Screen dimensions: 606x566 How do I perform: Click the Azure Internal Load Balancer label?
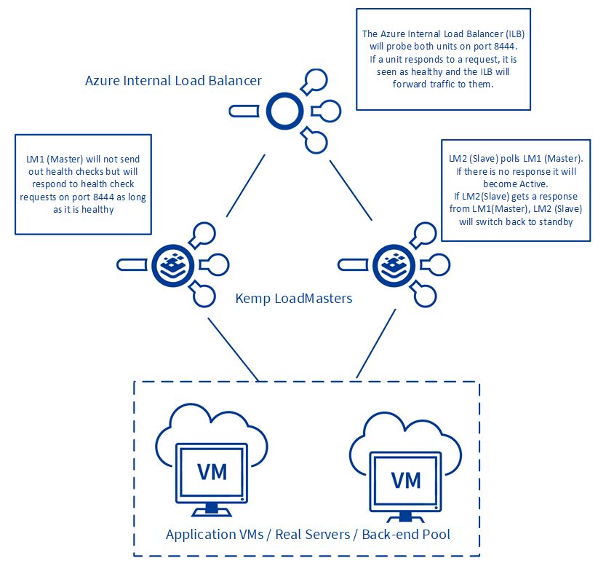(x=173, y=80)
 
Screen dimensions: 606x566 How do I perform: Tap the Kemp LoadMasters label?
(x=294, y=298)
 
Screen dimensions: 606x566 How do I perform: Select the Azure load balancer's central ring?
(x=285, y=111)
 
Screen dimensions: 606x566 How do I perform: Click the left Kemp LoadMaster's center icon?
(x=172, y=265)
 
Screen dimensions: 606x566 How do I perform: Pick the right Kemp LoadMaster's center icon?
(x=394, y=265)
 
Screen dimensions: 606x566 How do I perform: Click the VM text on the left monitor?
(x=212, y=472)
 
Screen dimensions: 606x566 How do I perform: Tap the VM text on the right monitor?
(x=406, y=480)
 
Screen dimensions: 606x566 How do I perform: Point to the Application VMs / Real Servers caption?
(x=308, y=534)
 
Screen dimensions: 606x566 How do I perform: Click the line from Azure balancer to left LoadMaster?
(x=245, y=186)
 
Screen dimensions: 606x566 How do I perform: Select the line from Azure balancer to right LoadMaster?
(x=351, y=190)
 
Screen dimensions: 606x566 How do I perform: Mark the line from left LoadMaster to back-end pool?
(x=233, y=350)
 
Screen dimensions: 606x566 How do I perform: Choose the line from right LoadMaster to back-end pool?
(x=376, y=344)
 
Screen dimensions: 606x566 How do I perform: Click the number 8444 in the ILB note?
(x=504, y=47)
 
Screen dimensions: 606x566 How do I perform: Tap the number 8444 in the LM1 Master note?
(x=103, y=197)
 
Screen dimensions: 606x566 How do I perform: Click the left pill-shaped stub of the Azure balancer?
(x=244, y=111)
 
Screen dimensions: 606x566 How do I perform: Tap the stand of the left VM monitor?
(x=212, y=510)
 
